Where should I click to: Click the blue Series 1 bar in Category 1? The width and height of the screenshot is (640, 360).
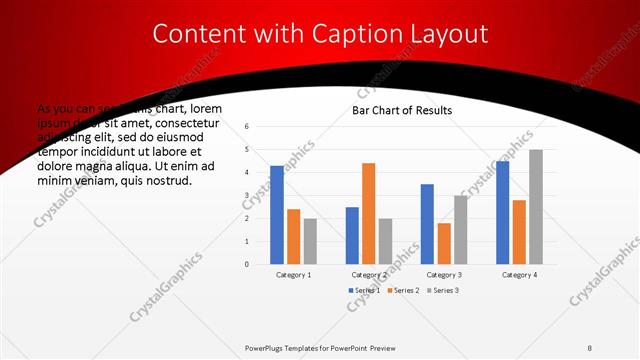pyautogui.click(x=277, y=215)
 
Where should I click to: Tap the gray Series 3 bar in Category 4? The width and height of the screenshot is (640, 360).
pyautogui.click(x=536, y=207)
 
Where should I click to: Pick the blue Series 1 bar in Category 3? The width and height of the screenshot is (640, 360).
pyautogui.click(x=427, y=224)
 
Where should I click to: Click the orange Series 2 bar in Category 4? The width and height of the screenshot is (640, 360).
pyautogui.click(x=519, y=232)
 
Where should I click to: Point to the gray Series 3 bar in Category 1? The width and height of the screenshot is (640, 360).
pyautogui.click(x=310, y=241)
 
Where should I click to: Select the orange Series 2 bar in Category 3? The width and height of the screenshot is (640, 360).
pyautogui.click(x=444, y=243)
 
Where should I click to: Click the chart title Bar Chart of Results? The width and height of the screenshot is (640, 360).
pyautogui.click(x=401, y=110)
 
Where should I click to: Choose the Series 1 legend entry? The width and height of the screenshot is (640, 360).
pyautogui.click(x=365, y=290)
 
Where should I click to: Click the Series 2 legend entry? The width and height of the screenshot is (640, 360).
pyautogui.click(x=402, y=290)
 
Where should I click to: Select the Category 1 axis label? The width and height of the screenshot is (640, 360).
pyautogui.click(x=293, y=274)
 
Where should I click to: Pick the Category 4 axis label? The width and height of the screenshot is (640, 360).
pyautogui.click(x=519, y=274)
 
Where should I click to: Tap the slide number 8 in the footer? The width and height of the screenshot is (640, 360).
pyautogui.click(x=590, y=347)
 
